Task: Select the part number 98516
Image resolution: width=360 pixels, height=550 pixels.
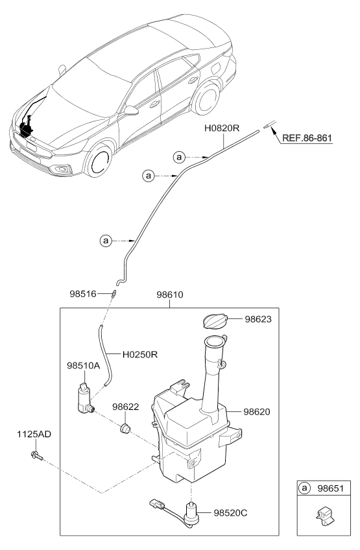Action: pyautogui.click(x=83, y=294)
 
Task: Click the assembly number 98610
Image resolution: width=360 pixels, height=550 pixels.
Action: pyautogui.click(x=169, y=294)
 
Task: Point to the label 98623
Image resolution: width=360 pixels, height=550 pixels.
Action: pyautogui.click(x=261, y=319)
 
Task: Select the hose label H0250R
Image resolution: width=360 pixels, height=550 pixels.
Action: pyautogui.click(x=141, y=355)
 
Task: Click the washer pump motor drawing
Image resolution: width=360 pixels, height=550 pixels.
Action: pyautogui.click(x=84, y=398)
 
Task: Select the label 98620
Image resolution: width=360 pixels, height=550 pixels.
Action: pyautogui.click(x=261, y=411)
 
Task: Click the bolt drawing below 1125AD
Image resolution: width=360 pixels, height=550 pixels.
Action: pyautogui.click(x=36, y=458)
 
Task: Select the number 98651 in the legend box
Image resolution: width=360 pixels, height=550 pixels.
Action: pyautogui.click(x=328, y=488)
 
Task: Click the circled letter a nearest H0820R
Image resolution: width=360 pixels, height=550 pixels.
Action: pyautogui.click(x=179, y=156)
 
